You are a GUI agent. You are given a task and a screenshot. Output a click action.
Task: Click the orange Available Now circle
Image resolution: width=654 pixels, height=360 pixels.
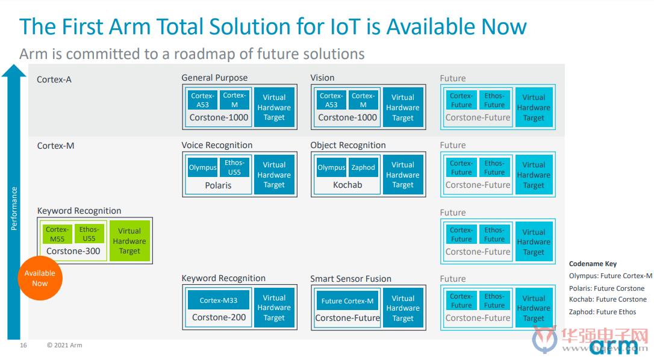pos(40,278)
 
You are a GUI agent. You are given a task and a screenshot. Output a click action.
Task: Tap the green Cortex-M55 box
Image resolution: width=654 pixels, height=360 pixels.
pos(57,234)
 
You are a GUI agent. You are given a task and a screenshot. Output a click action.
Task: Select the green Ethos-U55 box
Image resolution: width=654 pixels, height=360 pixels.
pos(89,234)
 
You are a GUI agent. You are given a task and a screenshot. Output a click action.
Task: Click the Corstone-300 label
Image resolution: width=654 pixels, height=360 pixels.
pos(73,251)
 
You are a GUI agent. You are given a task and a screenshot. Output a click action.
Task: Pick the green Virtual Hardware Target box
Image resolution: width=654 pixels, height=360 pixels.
pos(129,241)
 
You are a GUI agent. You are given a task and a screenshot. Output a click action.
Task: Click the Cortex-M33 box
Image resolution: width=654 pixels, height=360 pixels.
pos(218,300)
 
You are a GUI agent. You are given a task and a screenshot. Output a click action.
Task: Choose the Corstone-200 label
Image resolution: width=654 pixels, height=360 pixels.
pos(219,317)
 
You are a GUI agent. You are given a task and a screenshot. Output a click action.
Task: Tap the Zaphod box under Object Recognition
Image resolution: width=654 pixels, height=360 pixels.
pos(363,167)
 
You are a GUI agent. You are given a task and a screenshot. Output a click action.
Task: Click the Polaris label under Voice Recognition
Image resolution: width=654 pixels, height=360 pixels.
pos(218,185)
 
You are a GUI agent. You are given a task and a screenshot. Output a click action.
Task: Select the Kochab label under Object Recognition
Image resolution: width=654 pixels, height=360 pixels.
pos(347,185)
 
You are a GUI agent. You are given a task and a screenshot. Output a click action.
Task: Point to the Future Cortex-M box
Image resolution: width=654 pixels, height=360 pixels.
pos(347,301)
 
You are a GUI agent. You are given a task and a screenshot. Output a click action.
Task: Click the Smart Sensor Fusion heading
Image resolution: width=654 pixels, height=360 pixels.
pos(350,279)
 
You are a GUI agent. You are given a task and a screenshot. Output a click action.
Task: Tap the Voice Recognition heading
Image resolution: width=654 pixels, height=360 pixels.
pos(217,145)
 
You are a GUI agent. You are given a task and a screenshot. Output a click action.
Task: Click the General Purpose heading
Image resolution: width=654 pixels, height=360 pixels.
pos(214,78)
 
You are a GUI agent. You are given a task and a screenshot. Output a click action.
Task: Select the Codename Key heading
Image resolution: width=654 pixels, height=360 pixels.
pos(593,264)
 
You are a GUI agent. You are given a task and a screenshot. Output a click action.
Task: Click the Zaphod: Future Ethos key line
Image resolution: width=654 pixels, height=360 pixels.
pos(602,312)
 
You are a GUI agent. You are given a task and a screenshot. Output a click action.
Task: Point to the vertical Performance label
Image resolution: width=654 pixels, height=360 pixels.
pos(14,208)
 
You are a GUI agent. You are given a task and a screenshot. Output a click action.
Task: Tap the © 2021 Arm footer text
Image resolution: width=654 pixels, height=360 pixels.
pos(64,345)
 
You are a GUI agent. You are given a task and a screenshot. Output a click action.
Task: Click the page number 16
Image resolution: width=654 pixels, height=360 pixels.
pos(23,345)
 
